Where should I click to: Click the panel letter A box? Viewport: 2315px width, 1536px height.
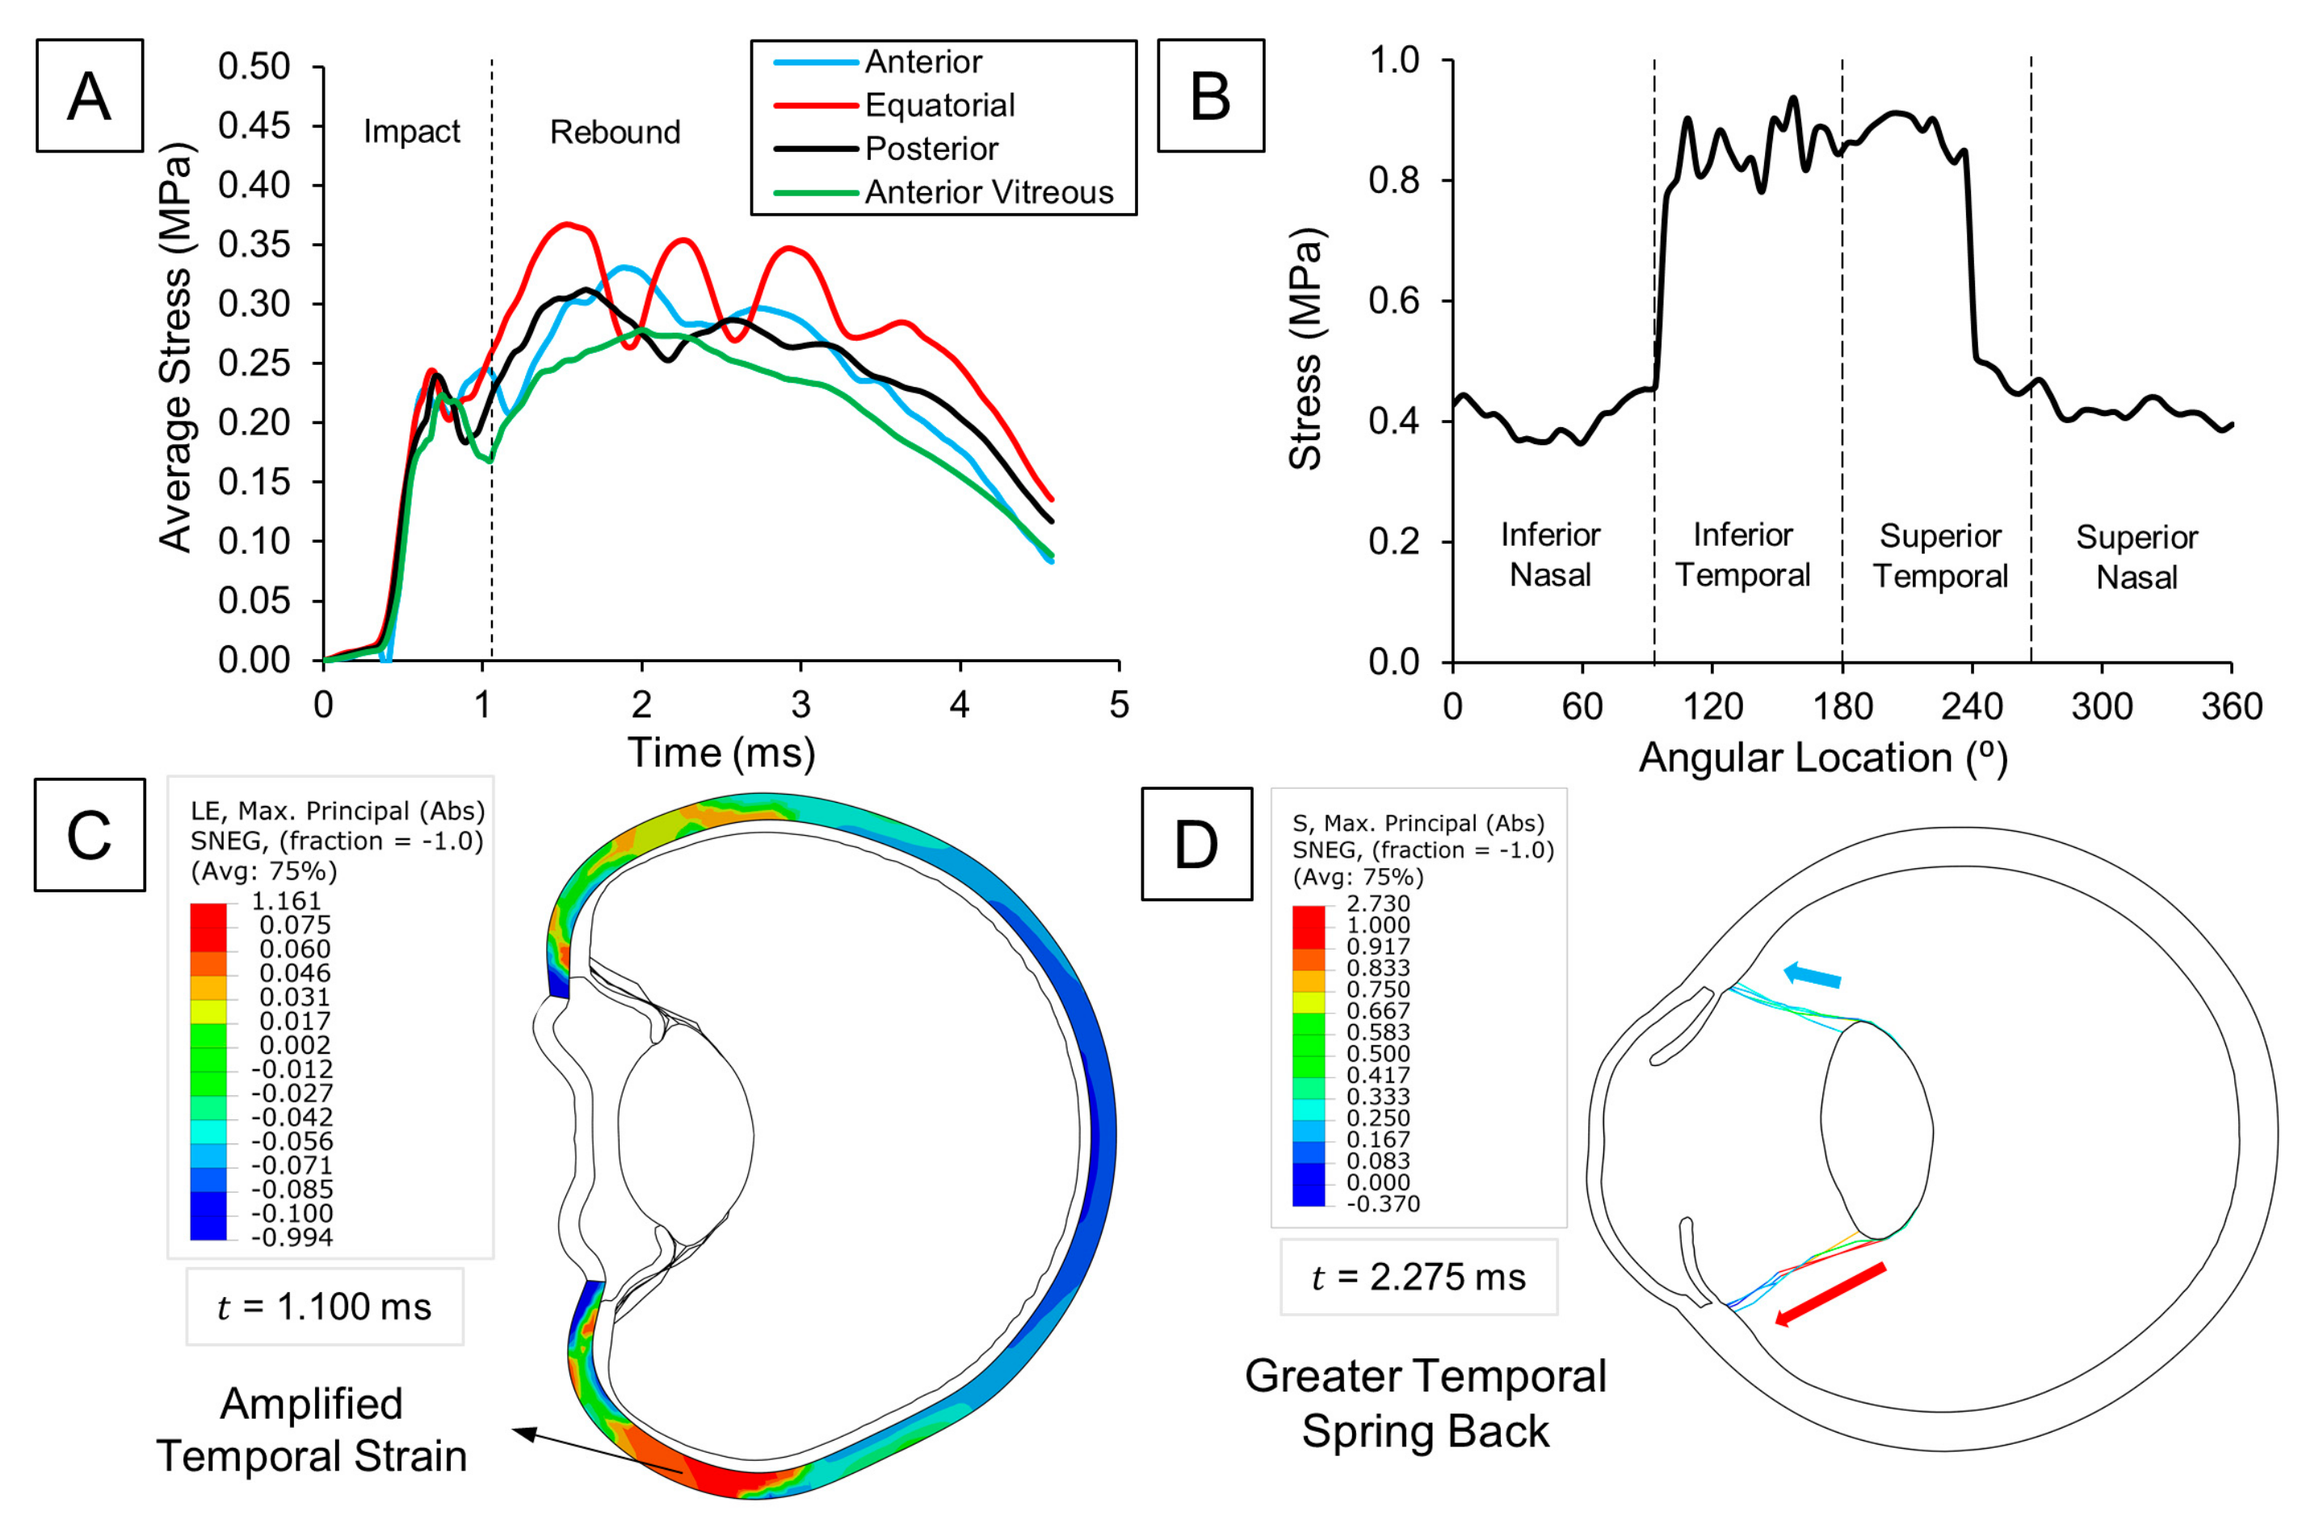pos(89,96)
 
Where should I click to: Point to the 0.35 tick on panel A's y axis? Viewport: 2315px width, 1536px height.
pos(254,244)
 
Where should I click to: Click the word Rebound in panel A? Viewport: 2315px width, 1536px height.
pos(614,132)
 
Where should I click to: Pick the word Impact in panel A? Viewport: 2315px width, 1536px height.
pos(411,132)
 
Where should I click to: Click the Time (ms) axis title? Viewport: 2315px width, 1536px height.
pos(721,753)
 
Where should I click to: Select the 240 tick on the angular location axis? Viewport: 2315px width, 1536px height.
pos(1971,707)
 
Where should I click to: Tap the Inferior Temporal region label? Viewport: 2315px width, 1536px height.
pos(1742,555)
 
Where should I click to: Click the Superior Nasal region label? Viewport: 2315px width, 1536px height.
pos(2136,556)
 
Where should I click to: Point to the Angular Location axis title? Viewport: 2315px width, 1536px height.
pos(1823,758)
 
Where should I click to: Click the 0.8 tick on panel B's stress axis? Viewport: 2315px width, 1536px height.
pos(1393,181)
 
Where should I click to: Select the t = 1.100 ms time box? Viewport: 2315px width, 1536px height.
pos(324,1307)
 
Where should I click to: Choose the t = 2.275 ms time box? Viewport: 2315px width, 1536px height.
pos(1418,1278)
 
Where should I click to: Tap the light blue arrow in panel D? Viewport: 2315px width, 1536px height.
pos(1813,975)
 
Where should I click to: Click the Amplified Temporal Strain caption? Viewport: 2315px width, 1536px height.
pos(312,1430)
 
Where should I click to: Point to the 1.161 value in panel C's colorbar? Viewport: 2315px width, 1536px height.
pos(286,901)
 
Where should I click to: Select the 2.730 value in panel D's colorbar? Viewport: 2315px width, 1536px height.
pos(1377,903)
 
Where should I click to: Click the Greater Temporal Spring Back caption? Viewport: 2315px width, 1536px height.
pos(1426,1404)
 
